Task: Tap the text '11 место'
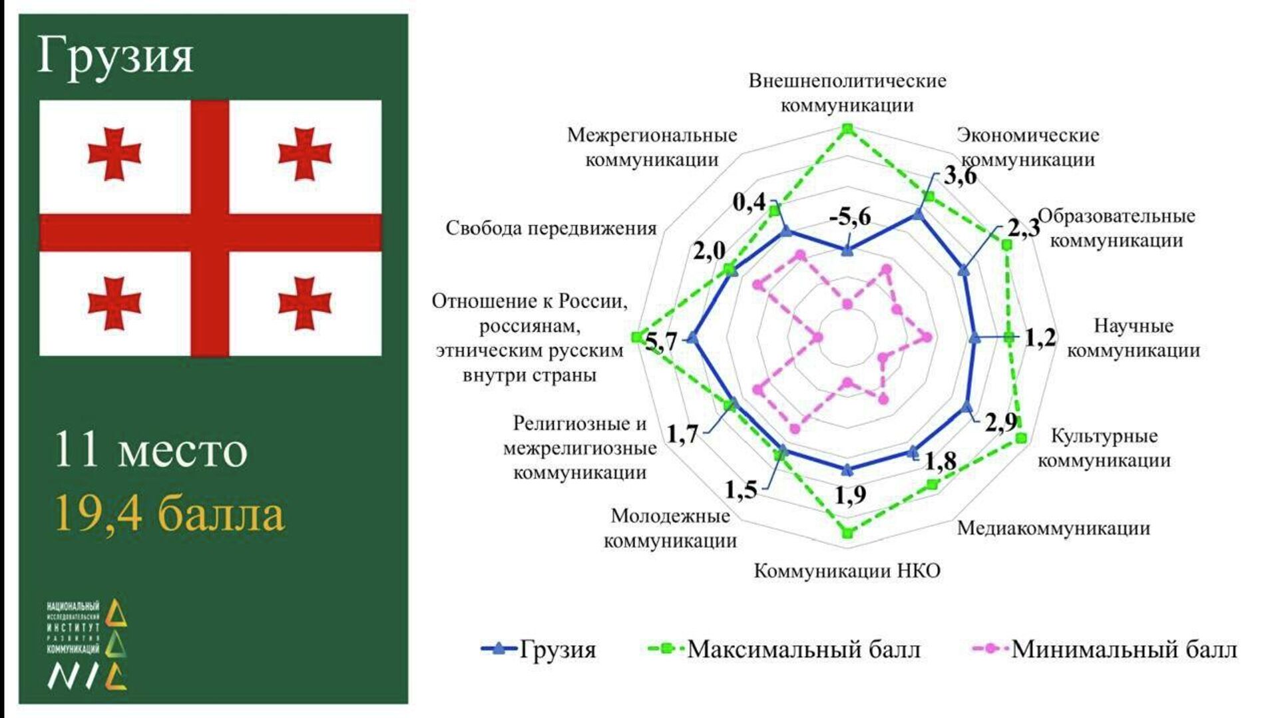click(150, 450)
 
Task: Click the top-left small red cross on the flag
click(114, 154)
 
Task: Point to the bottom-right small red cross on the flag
click(305, 303)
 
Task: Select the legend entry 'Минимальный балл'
click(1105, 649)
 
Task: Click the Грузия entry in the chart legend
click(539, 649)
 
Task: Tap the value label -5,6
click(850, 217)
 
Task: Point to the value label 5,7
click(661, 342)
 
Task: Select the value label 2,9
click(1001, 422)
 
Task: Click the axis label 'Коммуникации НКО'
click(847, 571)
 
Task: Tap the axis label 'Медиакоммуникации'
click(1053, 528)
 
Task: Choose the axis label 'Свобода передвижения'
click(550, 228)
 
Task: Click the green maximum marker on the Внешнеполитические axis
click(847, 128)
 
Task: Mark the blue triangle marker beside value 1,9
click(847, 470)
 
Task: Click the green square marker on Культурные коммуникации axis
click(1021, 438)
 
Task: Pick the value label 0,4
click(749, 202)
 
